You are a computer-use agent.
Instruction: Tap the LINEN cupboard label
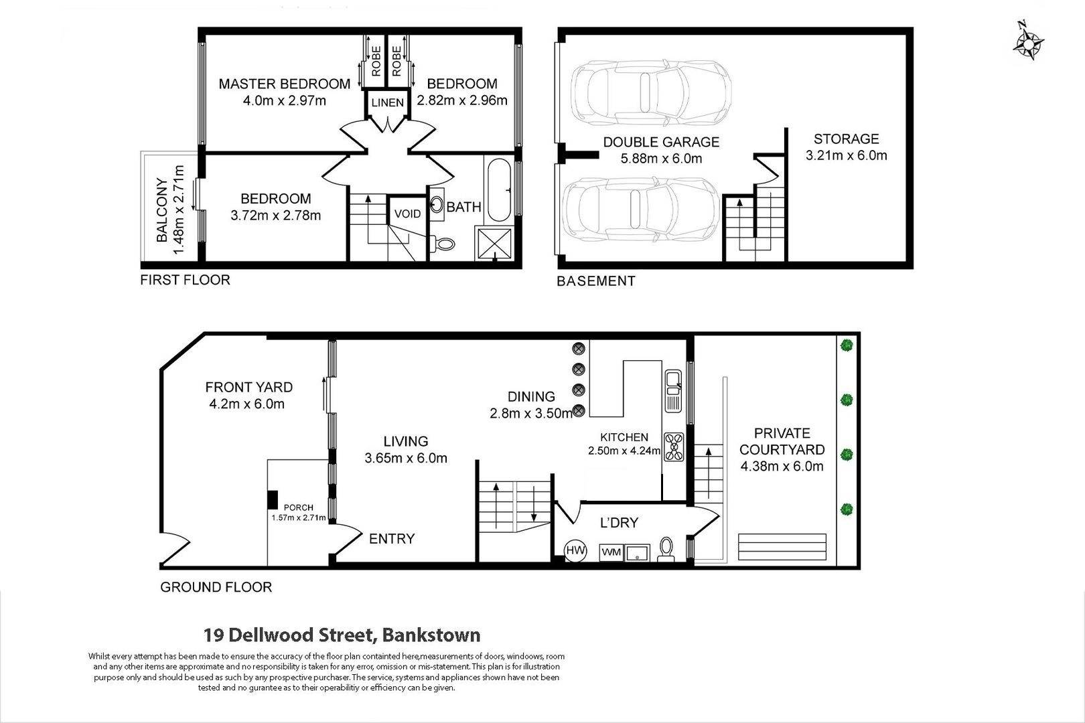tap(388, 102)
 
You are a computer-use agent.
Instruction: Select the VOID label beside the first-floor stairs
tap(407, 214)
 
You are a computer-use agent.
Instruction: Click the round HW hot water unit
tap(575, 550)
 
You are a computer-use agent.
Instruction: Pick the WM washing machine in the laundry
tap(611, 552)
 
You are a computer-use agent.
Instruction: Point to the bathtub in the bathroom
tap(498, 190)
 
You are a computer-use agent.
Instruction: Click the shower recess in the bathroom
tap(494, 244)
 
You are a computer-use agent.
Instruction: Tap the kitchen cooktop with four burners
tap(674, 446)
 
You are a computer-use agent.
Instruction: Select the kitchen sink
tap(673, 391)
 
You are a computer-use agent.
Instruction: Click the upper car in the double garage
tap(650, 91)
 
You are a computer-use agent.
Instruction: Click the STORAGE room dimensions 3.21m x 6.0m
tap(846, 155)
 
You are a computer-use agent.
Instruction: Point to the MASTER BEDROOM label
tap(285, 84)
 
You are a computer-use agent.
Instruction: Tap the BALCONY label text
tap(162, 210)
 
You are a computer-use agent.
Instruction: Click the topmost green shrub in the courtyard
tap(846, 345)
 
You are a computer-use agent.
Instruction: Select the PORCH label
tap(299, 507)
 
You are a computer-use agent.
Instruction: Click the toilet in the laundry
tap(666, 550)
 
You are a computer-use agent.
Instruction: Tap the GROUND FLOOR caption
tap(216, 587)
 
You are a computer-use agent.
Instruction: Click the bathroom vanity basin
tap(437, 205)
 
